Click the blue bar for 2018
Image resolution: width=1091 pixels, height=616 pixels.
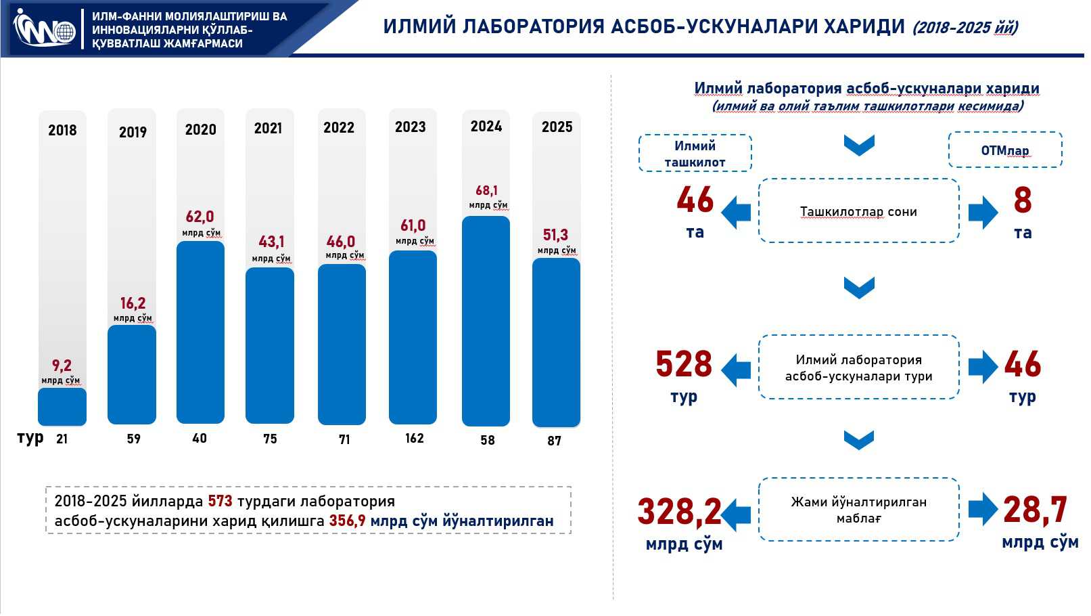62,406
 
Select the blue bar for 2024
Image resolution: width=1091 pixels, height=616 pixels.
486,321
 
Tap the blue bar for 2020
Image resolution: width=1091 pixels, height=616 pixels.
200,332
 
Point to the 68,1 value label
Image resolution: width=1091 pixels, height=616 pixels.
486,190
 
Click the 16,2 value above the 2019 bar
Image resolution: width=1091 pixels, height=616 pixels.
133,303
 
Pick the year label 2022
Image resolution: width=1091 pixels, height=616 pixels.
338,128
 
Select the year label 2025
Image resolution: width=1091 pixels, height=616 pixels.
557,127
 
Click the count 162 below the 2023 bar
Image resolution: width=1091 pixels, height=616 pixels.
415,438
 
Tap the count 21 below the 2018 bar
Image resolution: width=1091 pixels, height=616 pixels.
62,439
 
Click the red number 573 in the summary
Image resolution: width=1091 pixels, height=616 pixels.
220,501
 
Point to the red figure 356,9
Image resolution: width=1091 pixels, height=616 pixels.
347,521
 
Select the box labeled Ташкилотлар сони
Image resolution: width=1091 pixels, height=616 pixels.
859,211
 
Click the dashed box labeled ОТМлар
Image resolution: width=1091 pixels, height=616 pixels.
1005,150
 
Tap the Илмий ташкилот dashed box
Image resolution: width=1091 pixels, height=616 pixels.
695,153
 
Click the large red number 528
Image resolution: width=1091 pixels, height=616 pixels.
684,364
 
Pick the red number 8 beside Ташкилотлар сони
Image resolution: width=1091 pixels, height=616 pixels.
1022,200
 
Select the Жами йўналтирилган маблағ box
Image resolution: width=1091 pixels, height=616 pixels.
859,509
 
